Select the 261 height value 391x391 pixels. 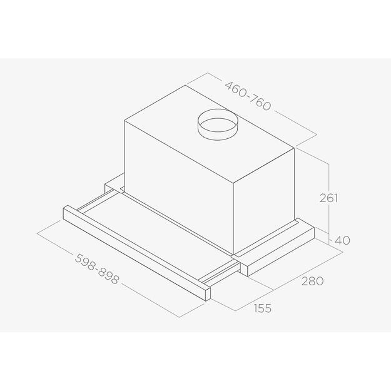coord(328,198)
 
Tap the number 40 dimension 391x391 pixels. coord(342,240)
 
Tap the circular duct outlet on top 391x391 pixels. coord(215,126)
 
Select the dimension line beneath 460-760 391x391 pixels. coord(250,109)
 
